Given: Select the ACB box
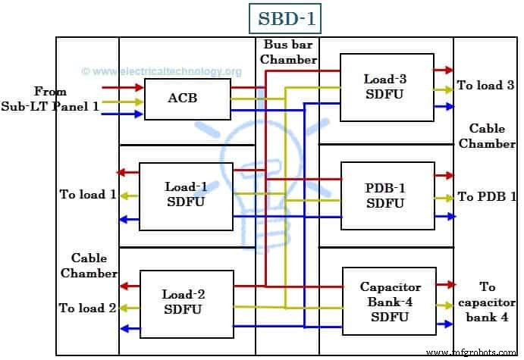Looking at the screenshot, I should click(x=187, y=98).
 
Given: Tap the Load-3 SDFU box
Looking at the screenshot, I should click(x=387, y=86).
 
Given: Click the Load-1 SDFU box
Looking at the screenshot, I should click(x=185, y=196).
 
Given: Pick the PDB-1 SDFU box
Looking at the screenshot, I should click(x=388, y=196).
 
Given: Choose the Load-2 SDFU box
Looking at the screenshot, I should click(x=185, y=302).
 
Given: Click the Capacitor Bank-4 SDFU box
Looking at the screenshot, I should click(x=389, y=302).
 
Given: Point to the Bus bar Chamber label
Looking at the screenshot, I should click(x=286, y=52).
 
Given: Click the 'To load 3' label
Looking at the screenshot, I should click(x=485, y=86).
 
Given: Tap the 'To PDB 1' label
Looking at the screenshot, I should click(x=485, y=197).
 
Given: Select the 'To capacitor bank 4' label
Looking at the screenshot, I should click(x=488, y=302).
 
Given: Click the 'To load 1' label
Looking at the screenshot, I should click(x=88, y=195).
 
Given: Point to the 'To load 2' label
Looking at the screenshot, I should click(x=88, y=308).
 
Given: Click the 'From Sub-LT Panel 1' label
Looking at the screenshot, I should click(x=50, y=99).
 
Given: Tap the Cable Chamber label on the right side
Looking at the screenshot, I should click(x=492, y=136).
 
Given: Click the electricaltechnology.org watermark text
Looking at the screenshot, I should click(x=162, y=72).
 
